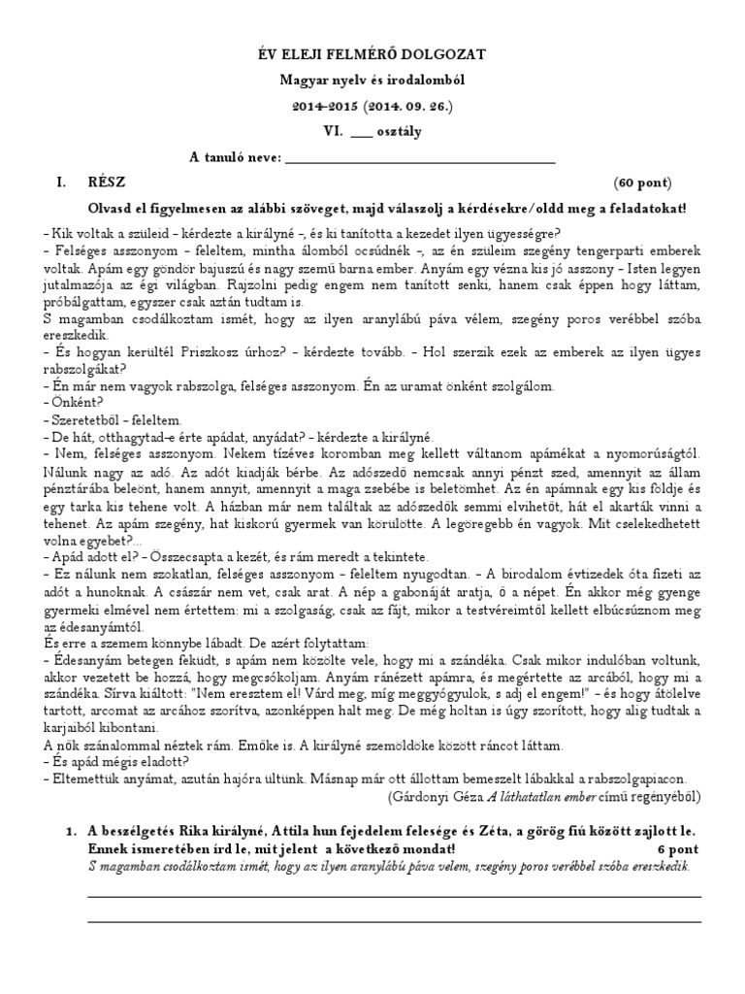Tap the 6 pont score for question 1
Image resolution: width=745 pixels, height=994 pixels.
[x=678, y=848]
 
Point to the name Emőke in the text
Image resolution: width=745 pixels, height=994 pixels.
[x=247, y=746]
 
